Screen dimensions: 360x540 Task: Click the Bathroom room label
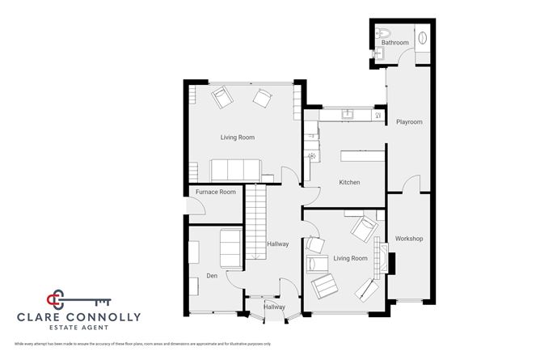(395, 43)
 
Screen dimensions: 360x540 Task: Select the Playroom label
(409, 122)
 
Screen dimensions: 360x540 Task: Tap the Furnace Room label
(217, 192)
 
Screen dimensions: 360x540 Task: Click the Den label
(212, 277)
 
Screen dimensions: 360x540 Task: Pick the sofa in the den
(230, 248)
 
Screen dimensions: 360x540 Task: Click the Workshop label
(409, 239)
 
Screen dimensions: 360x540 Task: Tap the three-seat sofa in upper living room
(235, 170)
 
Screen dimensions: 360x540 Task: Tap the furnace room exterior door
(186, 210)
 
